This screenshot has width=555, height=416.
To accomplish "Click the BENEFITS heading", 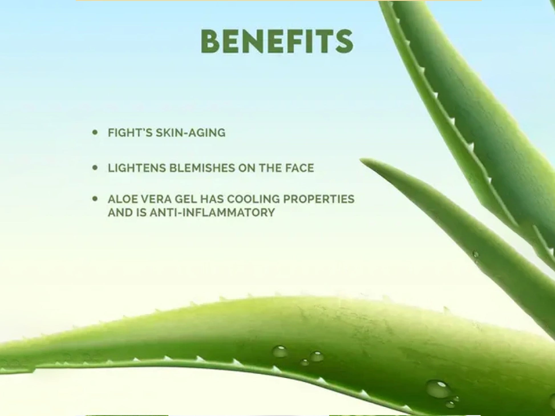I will click(x=277, y=42).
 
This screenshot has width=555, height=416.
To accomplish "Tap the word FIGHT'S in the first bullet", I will click(x=130, y=133).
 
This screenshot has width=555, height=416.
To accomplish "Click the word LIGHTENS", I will click(x=137, y=168).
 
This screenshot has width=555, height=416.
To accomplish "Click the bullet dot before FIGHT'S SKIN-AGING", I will click(x=95, y=132).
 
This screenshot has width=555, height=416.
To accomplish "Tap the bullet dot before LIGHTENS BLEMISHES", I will click(x=95, y=168).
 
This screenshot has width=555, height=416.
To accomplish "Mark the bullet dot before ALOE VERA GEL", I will click(x=95, y=199).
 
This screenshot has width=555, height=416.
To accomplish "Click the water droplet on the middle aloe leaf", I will click(x=475, y=254).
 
